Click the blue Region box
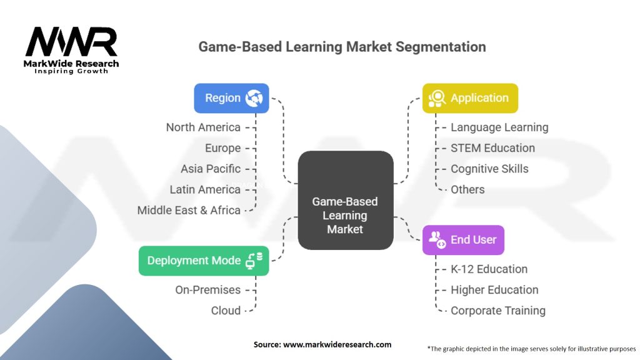pyautogui.click(x=231, y=98)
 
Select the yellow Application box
pyautogui.click(x=470, y=98)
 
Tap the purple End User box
pyautogui.click(x=463, y=240)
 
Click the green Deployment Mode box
pyautogui.click(x=204, y=261)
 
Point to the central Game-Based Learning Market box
pyautogui.click(x=346, y=201)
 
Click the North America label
pyautogui.click(x=203, y=127)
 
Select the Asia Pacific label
pyautogui.click(x=211, y=169)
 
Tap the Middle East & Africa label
pyautogui.click(x=189, y=210)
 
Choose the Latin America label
pyautogui.click(x=205, y=189)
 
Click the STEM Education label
pyautogui.click(x=492, y=147)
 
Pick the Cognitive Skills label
pyautogui.click(x=489, y=169)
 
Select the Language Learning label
pyautogui.click(x=499, y=127)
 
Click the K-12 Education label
pyautogui.click(x=489, y=269)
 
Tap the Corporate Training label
pyautogui.click(x=498, y=311)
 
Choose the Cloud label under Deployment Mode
pyautogui.click(x=226, y=311)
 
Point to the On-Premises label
pyautogui.click(x=207, y=290)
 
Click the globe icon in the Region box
pyautogui.click(x=254, y=98)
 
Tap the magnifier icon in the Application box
pyautogui.click(x=437, y=98)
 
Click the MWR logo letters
pyautogui.click(x=71, y=42)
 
